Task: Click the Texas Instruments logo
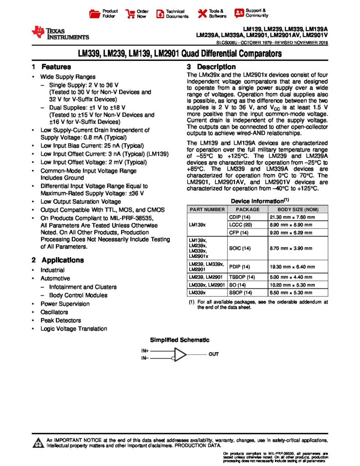tap(60, 32)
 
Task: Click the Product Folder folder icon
tap(95, 13)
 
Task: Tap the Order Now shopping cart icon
tap(130, 13)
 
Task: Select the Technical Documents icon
tap(160, 14)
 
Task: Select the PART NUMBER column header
tap(207, 209)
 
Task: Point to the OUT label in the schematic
tap(213, 354)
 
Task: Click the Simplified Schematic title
tap(180, 339)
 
